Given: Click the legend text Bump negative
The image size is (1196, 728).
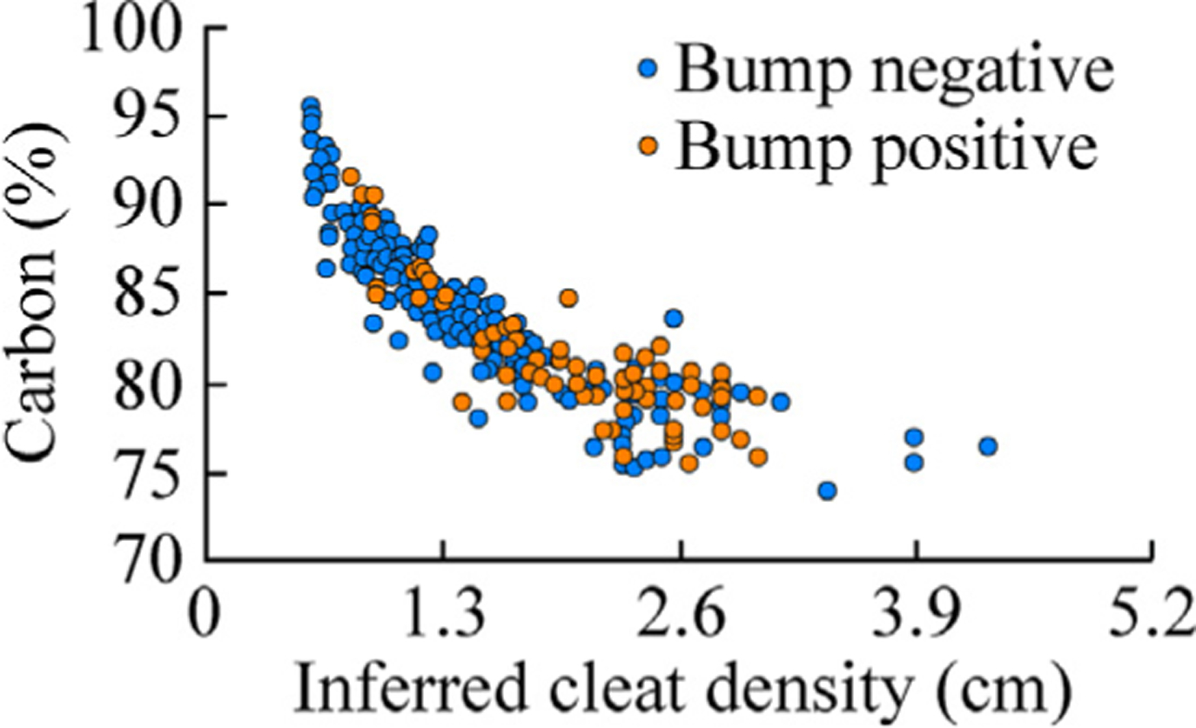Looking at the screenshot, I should coord(897,71).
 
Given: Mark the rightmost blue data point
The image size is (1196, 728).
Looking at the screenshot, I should coord(987,446).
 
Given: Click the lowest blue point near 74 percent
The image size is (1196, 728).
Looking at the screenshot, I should coord(827,491).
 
